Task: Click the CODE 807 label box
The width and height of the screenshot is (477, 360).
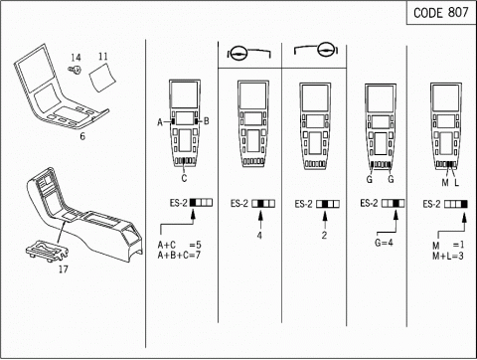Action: tap(441, 13)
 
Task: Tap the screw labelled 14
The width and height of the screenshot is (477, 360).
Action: tap(76, 70)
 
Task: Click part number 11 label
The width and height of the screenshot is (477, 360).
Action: tap(103, 56)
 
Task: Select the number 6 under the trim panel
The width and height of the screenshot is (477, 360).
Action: tap(82, 136)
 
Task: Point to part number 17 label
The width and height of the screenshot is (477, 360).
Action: tap(64, 269)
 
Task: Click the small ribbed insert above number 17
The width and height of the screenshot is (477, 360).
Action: tap(48, 251)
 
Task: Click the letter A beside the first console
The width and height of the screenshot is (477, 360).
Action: tap(160, 122)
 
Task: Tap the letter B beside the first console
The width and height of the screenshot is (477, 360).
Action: tap(207, 121)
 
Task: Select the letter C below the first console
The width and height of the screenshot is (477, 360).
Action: tap(184, 178)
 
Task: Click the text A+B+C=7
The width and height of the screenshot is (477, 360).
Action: tap(179, 256)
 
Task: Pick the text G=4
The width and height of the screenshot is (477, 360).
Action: tap(384, 243)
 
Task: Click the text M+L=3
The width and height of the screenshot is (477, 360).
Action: tap(448, 256)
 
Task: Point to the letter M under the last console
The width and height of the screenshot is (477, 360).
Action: tap(445, 182)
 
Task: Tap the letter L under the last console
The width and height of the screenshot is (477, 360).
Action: tap(456, 182)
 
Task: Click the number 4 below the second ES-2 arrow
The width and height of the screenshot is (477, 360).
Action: tap(259, 236)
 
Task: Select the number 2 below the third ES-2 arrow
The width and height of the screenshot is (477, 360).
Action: tap(324, 236)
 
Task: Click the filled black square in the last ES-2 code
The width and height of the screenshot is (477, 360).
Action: tap(464, 204)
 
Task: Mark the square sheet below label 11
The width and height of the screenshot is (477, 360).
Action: tap(102, 77)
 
